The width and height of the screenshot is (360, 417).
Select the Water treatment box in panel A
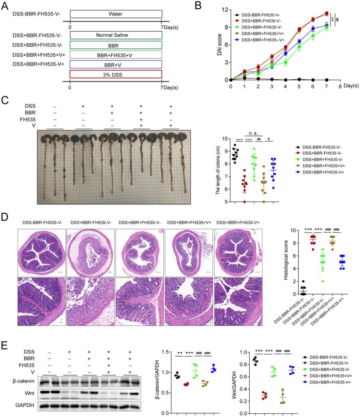[116, 13]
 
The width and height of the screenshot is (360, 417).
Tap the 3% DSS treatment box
[116, 74]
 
